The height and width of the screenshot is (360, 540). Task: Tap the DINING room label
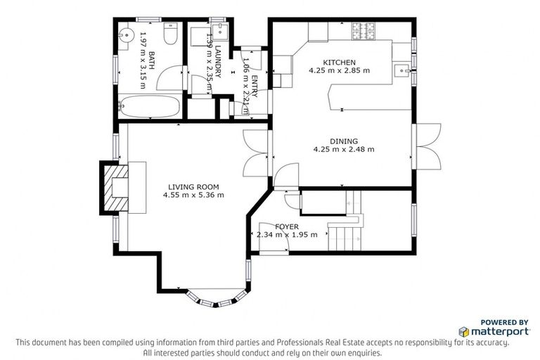point(344,141)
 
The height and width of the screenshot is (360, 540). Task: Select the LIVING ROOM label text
point(193,186)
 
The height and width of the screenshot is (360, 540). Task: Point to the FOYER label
point(286,226)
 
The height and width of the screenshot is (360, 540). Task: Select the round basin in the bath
point(127,33)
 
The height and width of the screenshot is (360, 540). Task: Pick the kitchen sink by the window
point(401,69)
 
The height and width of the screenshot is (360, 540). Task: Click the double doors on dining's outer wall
point(427,146)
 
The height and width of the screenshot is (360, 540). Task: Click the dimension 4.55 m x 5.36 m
point(193,195)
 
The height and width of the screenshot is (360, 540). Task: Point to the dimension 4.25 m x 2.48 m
point(344,149)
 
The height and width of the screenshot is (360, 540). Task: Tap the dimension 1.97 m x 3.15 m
point(143,60)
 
